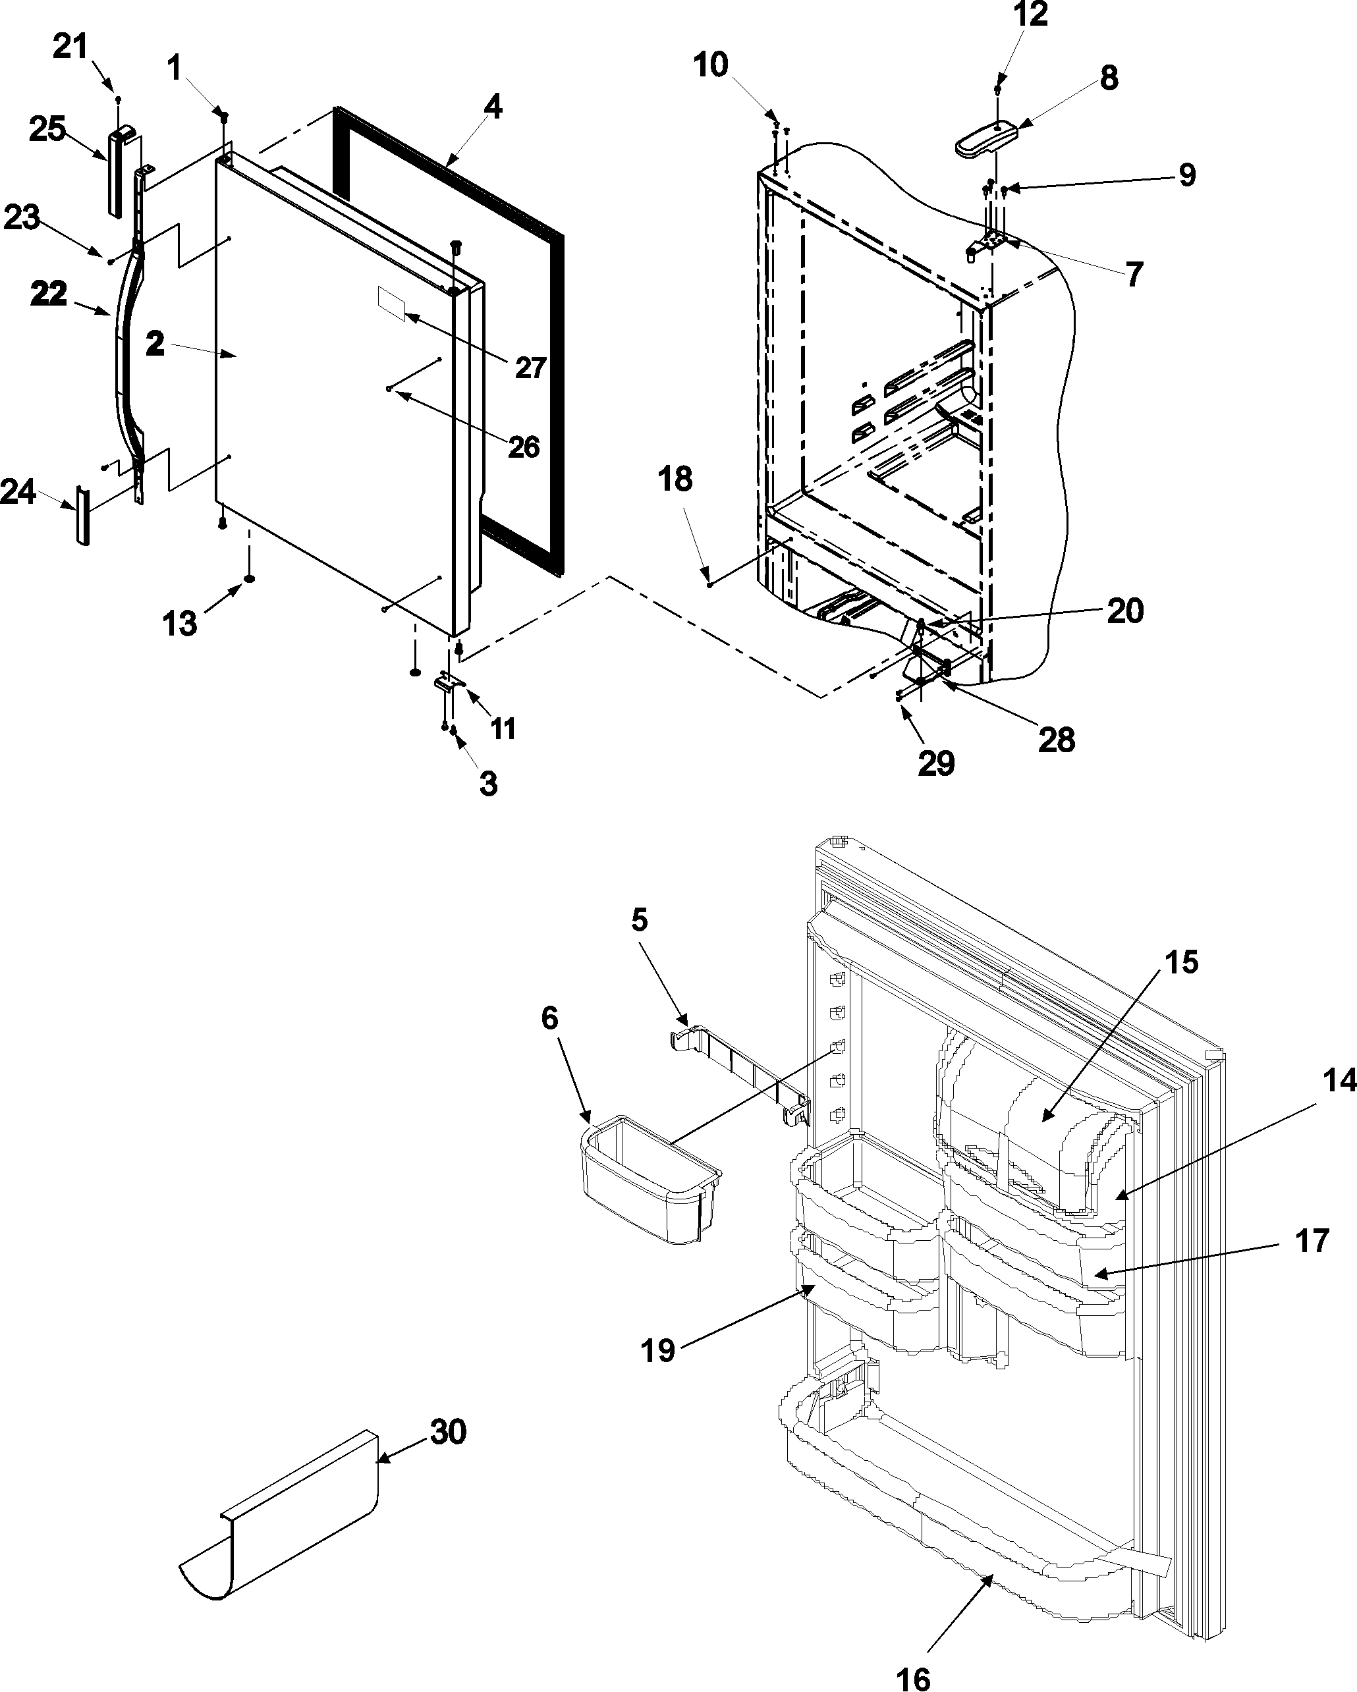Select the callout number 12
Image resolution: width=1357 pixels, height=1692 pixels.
[x=1030, y=15]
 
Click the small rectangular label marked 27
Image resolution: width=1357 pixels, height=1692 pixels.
[x=390, y=304]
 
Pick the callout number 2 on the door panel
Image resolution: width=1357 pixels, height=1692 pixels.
[x=155, y=344]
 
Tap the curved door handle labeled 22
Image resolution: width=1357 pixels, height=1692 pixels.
[x=126, y=345]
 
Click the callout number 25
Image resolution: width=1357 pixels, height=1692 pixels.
[x=47, y=130]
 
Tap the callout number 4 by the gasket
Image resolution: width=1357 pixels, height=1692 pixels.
[x=492, y=108]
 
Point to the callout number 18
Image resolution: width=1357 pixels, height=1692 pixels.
[x=676, y=479]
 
